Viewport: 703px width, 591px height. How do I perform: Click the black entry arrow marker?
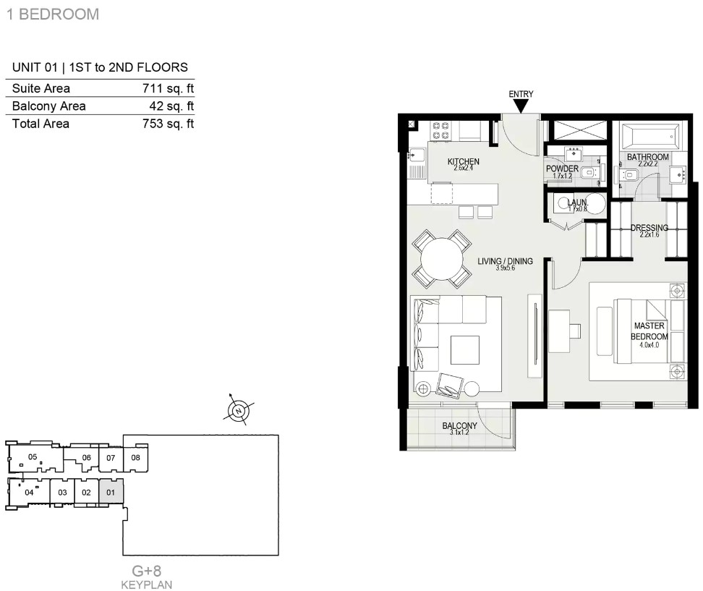[x=521, y=106]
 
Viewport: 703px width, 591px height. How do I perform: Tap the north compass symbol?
[x=239, y=410]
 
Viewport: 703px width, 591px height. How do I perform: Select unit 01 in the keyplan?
[x=111, y=493]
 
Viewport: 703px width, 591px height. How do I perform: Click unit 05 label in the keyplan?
[x=33, y=457]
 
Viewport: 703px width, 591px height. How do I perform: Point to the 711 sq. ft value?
[x=168, y=88]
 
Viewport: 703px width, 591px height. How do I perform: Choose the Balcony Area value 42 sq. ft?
[x=171, y=106]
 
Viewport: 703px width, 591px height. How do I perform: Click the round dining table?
[x=442, y=259]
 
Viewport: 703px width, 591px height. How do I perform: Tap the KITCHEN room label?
[x=463, y=161]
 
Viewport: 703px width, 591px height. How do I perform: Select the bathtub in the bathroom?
[x=649, y=135]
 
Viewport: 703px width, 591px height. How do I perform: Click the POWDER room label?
[x=562, y=169]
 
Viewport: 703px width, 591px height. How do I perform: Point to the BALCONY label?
[x=459, y=425]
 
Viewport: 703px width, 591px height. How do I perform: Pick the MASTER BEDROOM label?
[x=649, y=331]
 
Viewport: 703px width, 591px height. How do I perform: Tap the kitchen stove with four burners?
[x=440, y=130]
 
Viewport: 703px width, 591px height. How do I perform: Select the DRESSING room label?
[x=649, y=227]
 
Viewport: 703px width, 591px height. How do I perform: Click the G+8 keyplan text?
[x=147, y=571]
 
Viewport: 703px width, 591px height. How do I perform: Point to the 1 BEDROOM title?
[x=53, y=14]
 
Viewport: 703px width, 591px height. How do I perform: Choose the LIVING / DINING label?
[x=505, y=261]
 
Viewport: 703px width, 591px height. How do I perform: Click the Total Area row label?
[x=41, y=124]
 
